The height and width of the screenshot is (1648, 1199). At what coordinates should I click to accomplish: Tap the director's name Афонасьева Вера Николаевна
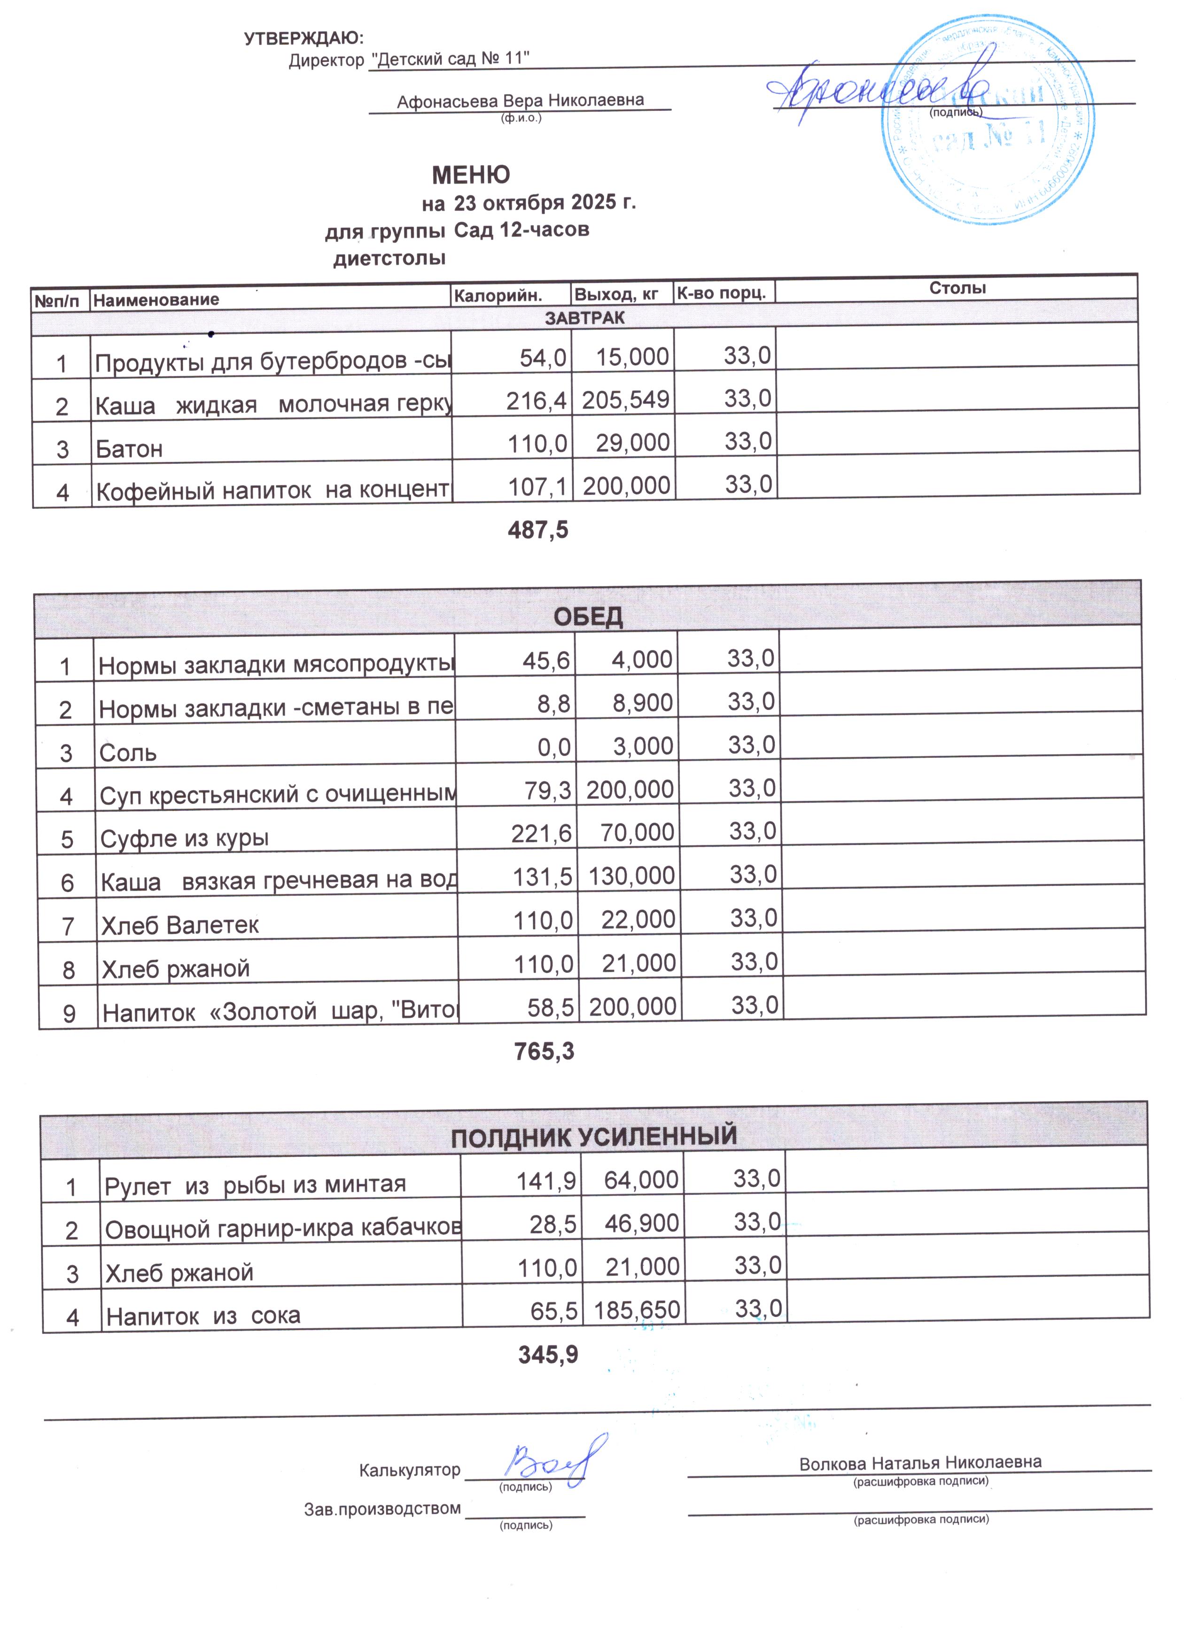pos(520,100)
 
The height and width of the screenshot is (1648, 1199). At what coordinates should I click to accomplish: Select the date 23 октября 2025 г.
pos(545,202)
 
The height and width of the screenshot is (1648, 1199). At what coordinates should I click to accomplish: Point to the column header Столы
pos(957,288)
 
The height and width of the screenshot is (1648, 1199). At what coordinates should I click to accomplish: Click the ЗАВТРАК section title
pos(584,317)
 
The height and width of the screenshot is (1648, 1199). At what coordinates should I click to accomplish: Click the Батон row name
pos(129,449)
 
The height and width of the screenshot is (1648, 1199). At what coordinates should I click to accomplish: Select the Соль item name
pos(128,752)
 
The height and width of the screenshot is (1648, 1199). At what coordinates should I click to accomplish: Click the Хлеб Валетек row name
pos(180,925)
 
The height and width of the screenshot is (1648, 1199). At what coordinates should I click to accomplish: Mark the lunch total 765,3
pos(544,1051)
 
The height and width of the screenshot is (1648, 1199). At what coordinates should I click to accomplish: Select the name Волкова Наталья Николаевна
pos(920,1463)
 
